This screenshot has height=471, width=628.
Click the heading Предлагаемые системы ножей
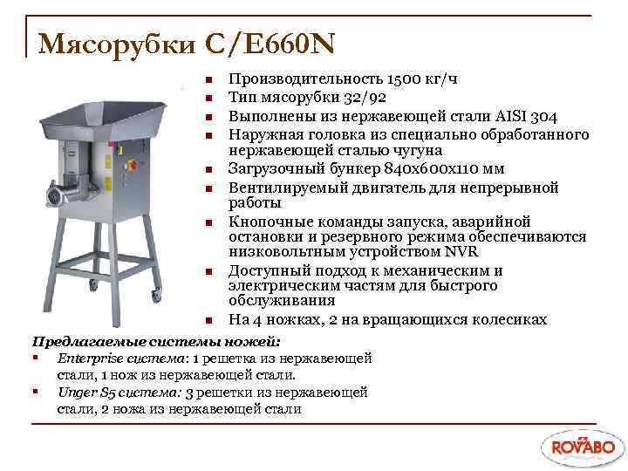156,340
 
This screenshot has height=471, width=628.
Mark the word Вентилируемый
287,187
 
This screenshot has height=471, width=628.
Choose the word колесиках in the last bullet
508,320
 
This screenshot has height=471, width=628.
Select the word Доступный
270,271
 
